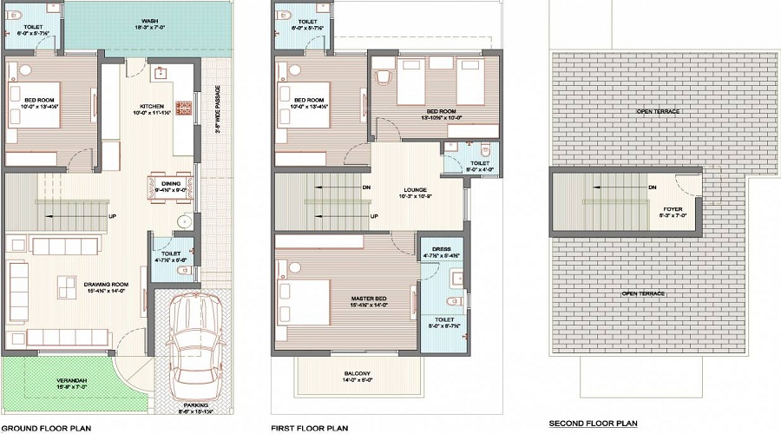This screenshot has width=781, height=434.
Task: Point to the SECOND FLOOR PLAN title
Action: click(x=593, y=424)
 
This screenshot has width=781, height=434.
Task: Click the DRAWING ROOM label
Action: click(x=82, y=284)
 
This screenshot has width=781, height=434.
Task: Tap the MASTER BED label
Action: click(x=369, y=299)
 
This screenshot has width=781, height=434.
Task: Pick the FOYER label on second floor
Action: click(x=673, y=208)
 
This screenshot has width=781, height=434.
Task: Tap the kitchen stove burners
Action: click(x=184, y=108)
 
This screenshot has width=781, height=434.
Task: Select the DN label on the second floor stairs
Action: click(x=652, y=187)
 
